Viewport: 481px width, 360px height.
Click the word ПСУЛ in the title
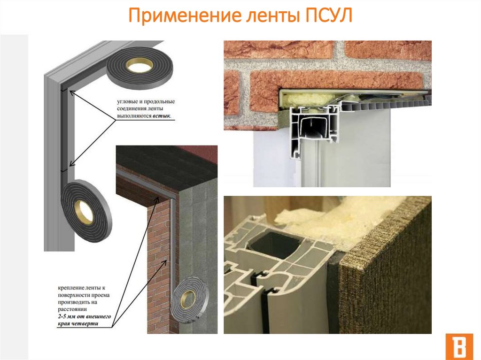click(x=328, y=15)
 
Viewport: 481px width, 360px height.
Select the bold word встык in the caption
click(x=162, y=116)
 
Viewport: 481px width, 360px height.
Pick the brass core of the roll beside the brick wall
click(x=188, y=298)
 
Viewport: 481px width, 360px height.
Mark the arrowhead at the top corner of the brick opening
click(x=158, y=199)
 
